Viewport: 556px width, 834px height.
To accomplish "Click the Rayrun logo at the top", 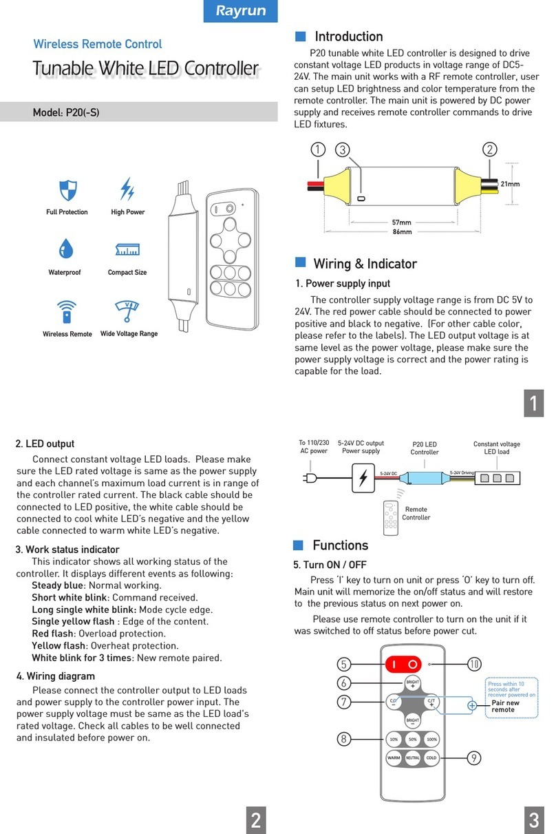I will tap(241, 11).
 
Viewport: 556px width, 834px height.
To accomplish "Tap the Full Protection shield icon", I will tap(67, 189).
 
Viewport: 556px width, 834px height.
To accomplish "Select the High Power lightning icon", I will tap(127, 189).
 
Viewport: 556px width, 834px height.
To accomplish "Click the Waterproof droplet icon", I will tap(66, 249).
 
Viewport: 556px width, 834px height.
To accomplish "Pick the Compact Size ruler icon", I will tap(127, 249).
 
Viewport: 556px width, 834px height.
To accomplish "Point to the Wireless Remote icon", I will tap(67, 311).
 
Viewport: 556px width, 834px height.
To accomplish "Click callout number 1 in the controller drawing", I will tap(317, 149).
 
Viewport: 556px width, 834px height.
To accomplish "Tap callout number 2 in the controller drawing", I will tap(489, 149).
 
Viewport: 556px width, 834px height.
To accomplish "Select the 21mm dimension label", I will tap(510, 184).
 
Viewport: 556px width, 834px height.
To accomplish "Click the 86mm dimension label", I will tap(402, 232).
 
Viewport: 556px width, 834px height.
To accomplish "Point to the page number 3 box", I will tap(534, 820).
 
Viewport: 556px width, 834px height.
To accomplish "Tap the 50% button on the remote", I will tap(413, 739).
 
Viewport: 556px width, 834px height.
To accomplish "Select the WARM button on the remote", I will tap(394, 758).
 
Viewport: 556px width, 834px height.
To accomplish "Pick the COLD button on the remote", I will tap(431, 758).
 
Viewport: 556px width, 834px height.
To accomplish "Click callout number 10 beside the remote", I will tap(474, 664).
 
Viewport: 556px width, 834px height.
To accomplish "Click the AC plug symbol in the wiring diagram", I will tap(311, 478).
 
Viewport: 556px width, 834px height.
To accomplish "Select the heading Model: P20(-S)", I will tap(66, 112).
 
